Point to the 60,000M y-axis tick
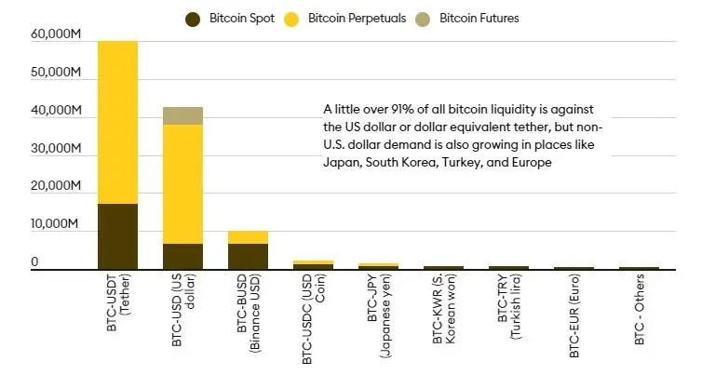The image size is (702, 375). tap(58, 34)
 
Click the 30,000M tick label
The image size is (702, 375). tap(58, 149)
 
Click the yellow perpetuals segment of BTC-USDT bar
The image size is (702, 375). tap(117, 122)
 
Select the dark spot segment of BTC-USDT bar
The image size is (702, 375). tap(117, 236)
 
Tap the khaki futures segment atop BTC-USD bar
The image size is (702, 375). tap(182, 115)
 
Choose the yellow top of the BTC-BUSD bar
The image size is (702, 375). tap(248, 237)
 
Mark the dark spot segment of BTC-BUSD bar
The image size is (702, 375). tap(248, 257)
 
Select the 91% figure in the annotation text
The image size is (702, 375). tap(400, 109)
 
